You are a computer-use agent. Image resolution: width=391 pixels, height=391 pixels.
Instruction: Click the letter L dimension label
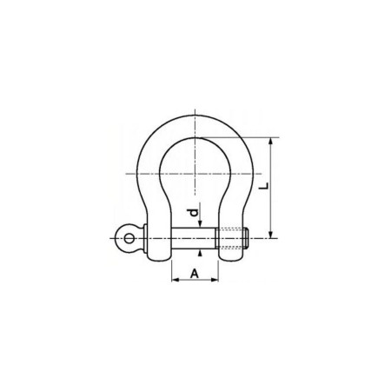[x=264, y=186]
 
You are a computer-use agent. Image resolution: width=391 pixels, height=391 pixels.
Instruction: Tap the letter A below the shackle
[x=195, y=273]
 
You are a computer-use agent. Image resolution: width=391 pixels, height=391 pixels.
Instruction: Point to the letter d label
[x=193, y=213]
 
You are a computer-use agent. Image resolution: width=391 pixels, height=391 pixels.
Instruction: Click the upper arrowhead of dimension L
[x=271, y=141]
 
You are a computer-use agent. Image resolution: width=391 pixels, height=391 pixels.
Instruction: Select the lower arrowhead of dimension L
[x=271, y=235]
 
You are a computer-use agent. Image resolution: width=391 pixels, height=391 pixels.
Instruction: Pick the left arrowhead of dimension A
[x=176, y=280]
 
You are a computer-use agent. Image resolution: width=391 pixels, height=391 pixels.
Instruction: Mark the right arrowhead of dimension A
[x=215, y=280]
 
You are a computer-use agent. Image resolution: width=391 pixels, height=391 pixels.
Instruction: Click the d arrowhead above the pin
[x=200, y=224]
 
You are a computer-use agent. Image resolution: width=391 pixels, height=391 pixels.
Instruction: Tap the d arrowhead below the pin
[x=200, y=253]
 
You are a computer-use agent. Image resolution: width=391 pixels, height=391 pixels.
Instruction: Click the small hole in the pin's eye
[x=129, y=239]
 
